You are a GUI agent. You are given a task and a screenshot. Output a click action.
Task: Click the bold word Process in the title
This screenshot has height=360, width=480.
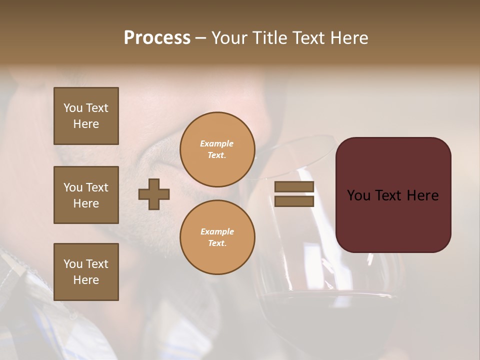tap(157, 38)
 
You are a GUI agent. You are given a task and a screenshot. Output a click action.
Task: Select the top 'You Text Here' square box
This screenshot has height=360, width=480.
tap(86, 116)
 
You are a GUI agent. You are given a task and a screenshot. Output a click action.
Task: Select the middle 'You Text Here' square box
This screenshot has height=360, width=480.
tap(86, 195)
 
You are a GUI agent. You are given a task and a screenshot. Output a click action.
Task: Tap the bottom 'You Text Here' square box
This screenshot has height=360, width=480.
tap(86, 272)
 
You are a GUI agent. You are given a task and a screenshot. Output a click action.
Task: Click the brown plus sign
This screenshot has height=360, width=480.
tap(154, 194)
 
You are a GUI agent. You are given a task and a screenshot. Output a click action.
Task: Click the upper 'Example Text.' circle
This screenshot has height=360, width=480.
tap(217, 149)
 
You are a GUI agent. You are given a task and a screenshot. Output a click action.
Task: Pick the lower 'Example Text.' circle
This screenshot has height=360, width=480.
tap(217, 237)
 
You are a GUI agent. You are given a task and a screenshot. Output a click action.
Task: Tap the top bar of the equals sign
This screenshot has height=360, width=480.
tap(294, 187)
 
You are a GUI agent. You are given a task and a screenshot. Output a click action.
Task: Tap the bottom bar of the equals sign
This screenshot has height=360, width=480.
tap(294, 201)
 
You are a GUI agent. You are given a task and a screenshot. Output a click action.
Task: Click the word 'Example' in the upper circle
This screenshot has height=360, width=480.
tap(217, 143)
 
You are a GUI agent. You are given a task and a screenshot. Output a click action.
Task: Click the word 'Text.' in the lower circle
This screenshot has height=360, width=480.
tap(217, 243)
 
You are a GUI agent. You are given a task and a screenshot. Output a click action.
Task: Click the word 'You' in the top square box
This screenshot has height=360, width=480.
tap(72, 108)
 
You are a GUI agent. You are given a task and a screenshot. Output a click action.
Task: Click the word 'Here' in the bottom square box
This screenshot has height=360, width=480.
tap(86, 280)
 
